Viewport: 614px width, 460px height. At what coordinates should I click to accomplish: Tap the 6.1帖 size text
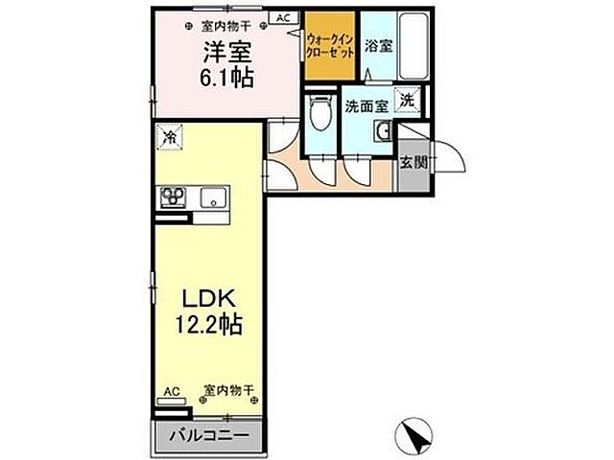click(x=227, y=78)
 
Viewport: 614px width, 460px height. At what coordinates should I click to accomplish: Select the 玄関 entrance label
click(x=413, y=161)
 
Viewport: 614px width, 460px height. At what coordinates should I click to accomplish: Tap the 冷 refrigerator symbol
click(x=168, y=137)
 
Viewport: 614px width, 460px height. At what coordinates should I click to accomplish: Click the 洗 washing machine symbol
click(x=409, y=99)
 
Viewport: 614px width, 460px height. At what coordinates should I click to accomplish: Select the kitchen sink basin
click(x=213, y=198)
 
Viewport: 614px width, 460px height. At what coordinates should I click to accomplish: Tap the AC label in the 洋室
click(x=284, y=16)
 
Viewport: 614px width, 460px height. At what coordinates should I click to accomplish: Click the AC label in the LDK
click(x=171, y=390)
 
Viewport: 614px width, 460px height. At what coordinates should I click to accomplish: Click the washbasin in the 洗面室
click(x=383, y=131)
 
